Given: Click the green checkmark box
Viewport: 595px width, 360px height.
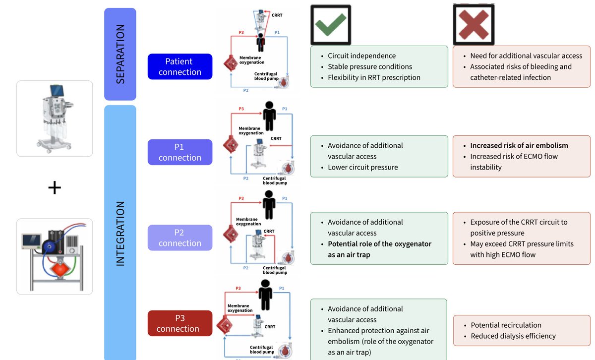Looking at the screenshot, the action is [331, 25].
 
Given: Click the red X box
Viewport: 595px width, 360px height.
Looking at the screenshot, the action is [474, 24].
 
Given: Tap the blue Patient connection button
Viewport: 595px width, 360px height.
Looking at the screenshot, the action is [180, 66].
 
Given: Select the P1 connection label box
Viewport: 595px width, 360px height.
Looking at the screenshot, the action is [180, 152].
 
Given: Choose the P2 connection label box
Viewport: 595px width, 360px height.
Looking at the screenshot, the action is [180, 238].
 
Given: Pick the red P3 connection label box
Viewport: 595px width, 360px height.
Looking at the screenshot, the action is [180, 323].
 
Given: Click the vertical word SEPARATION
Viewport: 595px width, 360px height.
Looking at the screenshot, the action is [120, 54].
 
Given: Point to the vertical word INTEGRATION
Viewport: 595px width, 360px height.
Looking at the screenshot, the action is [120, 234].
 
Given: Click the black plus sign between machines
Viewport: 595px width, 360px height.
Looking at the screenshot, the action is [55, 187].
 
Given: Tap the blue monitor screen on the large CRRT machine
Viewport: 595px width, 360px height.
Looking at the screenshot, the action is [57, 91].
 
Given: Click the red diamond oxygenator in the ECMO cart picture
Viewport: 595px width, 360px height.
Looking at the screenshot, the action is [60, 269].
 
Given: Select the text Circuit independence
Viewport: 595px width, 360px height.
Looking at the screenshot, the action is [361, 56].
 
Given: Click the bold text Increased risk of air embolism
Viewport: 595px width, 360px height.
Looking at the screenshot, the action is [519, 146].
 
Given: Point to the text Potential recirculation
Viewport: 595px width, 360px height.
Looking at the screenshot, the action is [506, 325].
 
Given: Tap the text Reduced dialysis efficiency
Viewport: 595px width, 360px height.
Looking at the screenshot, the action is [513, 336].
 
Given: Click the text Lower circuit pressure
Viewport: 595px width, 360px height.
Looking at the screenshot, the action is [362, 168].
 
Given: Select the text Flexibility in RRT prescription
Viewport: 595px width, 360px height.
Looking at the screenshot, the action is [374, 77].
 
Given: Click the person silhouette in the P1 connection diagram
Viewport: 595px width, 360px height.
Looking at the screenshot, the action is [269, 116].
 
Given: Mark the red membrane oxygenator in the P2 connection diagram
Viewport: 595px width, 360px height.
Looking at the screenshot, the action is [231, 234].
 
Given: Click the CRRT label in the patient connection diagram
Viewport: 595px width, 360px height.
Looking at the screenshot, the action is [277, 15].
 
